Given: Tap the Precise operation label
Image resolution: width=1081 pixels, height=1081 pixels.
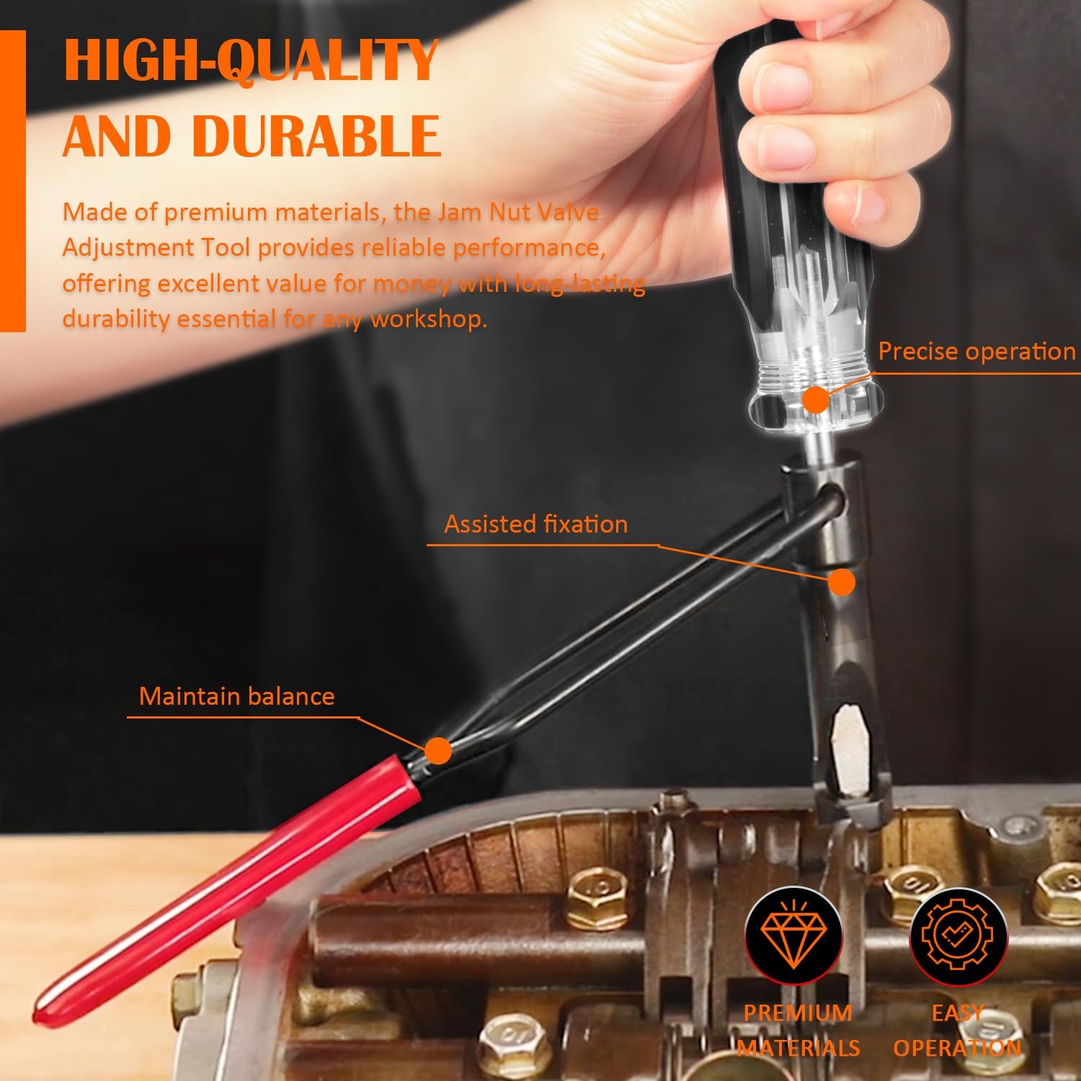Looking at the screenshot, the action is coord(977,351).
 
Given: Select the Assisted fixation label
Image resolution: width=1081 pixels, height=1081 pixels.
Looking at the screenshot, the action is coord(535,524).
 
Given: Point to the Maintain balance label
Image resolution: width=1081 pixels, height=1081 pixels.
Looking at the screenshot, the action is coord(236,696).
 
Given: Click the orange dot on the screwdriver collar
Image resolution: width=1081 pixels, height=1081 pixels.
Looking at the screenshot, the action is coord(816,399).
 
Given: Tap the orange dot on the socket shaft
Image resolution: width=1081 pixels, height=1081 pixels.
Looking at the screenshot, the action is coord(841,582).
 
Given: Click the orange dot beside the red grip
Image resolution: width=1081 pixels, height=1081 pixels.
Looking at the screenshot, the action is coord(437,751).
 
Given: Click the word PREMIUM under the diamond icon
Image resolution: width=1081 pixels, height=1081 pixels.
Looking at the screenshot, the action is coord(798,1013).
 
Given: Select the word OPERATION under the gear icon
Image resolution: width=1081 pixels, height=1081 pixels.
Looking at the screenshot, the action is coord(958,1047).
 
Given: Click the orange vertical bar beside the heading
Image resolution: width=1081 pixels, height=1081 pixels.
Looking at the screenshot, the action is coord(12,181).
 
